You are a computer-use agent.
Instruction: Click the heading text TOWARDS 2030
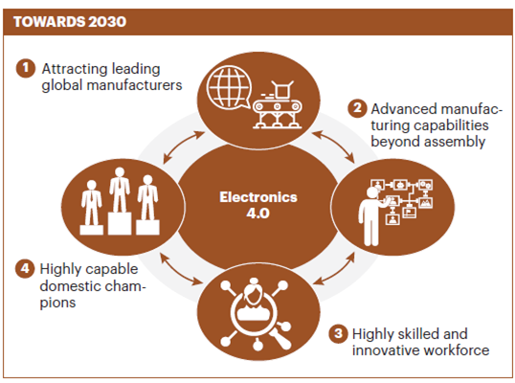coord(70,22)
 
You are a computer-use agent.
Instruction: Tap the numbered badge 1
coord(26,68)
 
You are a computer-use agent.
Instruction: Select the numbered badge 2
coord(357,108)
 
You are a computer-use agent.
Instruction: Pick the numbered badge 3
coord(338,334)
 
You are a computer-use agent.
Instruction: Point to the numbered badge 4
coord(25,269)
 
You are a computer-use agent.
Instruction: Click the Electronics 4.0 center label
coord(258,205)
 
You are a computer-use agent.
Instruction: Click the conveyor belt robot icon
coord(278,104)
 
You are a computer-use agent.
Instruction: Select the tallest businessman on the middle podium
coord(120,190)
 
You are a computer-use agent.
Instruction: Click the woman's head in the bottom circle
coord(254,291)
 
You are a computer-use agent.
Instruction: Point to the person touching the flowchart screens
coord(372,216)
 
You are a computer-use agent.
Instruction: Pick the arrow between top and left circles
coord(184,147)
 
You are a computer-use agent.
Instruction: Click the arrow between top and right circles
coord(333,146)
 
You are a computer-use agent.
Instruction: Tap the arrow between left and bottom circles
coord(181,269)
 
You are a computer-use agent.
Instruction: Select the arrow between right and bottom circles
coord(334,268)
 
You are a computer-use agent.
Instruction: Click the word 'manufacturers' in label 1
coord(134,85)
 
